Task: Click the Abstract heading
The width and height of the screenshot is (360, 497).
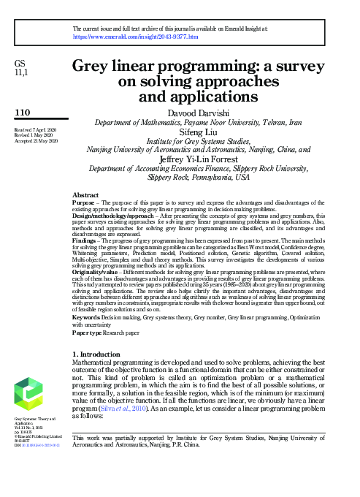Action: [86, 195]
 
